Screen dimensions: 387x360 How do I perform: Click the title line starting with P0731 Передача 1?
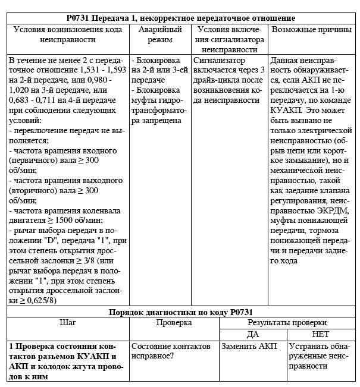click(180, 18)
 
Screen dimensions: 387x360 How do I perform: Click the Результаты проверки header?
click(287, 323)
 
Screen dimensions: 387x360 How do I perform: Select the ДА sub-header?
click(253, 334)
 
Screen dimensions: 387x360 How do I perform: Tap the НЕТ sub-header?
click(320, 334)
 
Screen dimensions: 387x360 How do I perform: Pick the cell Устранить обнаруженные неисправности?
click(321, 356)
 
